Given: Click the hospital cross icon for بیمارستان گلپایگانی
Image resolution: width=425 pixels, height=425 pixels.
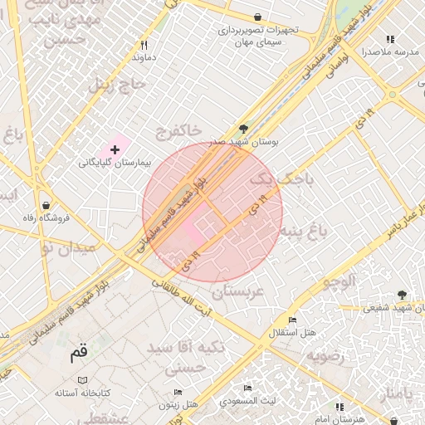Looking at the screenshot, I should pos(115,149).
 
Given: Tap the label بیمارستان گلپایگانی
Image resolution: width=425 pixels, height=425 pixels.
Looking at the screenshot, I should pos(116,163).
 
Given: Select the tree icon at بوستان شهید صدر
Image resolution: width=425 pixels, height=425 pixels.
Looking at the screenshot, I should pos(243,129).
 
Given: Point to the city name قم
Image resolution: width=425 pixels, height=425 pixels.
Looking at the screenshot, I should pos(78,354).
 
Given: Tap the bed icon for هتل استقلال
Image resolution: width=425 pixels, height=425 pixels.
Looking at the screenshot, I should pos(291,320).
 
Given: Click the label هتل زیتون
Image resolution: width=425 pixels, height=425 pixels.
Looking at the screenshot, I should pos(179,403).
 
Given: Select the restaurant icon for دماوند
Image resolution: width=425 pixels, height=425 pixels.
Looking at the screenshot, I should pos(144,45).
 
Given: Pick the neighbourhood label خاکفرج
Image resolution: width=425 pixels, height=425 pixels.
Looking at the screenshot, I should pos(178,131).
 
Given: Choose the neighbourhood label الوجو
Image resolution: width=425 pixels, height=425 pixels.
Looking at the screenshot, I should pos(338,281).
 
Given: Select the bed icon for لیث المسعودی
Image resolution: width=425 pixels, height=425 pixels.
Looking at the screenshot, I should pos(247,388).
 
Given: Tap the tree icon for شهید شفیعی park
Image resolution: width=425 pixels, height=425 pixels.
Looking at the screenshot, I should pos(403,295).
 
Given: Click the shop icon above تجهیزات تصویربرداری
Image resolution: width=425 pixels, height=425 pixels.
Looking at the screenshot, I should pos(257,17).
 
